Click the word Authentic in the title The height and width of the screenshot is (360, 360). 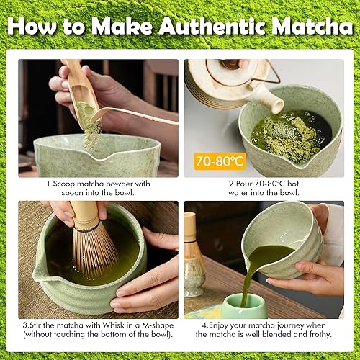coord(212,26)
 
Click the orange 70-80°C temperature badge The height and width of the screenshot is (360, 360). coord(220,161)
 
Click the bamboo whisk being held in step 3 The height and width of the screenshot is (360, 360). coord(92,240)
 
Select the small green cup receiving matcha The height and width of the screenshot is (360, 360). coord(245,306)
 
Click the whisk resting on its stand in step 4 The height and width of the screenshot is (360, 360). coord(194,254)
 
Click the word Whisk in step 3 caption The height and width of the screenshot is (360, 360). coord(114,325)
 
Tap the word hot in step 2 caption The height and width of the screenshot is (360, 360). coord(293,184)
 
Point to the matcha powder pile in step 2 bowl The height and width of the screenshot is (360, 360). coord(289,135)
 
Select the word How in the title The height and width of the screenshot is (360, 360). coord(32,26)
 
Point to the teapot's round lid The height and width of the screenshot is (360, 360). coord(231,68)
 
